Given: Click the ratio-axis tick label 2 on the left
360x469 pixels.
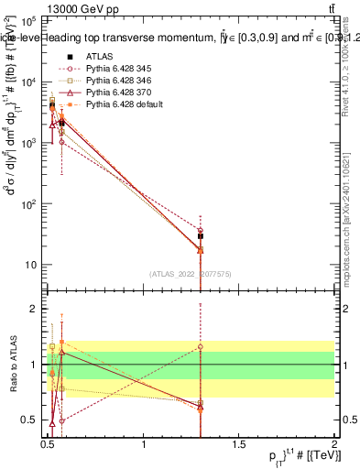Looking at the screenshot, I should [35, 309].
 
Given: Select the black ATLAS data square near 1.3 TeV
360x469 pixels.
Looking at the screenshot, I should [201, 235].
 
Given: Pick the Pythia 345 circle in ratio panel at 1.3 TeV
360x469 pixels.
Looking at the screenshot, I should [201, 347].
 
